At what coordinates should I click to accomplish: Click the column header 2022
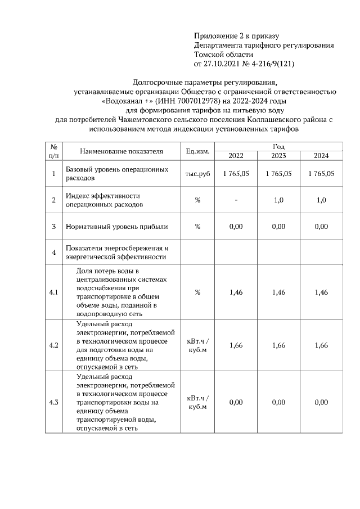[236, 156]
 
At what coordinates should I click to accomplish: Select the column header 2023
[278, 156]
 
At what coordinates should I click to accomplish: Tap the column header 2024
[321, 156]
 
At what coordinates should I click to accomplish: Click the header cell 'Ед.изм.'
[197, 151]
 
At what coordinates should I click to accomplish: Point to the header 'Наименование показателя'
[121, 151]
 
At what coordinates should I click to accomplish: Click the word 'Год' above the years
[278, 146]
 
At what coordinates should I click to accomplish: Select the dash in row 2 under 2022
[236, 200]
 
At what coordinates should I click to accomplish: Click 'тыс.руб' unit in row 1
[197, 174]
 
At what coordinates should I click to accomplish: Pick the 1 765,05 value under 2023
[278, 174]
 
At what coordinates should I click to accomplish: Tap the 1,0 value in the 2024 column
[321, 200]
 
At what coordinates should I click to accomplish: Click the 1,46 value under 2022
[236, 292]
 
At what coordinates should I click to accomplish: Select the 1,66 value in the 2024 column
[321, 345]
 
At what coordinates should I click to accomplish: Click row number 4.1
[54, 292]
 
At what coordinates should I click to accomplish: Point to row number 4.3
[54, 402]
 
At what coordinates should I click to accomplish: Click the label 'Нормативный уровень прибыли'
[117, 227]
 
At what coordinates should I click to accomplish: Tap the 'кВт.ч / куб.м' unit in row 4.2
[197, 345]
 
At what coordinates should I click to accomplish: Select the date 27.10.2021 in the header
[223, 64]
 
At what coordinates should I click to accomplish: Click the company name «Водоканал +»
[124, 101]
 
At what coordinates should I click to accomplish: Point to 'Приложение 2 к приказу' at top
[236, 36]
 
